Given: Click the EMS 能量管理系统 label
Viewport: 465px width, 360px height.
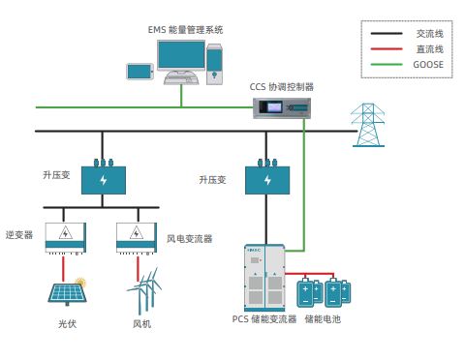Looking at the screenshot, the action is [185, 30].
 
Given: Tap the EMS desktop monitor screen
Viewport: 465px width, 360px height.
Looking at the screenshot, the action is [181, 55].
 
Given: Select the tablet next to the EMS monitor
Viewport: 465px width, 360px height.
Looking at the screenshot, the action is [139, 72].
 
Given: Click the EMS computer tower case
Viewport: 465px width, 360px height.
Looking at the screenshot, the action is [214, 65].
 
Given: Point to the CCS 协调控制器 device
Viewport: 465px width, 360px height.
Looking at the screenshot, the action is [282, 108].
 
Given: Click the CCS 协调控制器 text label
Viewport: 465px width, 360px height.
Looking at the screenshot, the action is [282, 87].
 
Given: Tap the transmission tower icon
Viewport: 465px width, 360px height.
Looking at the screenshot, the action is [368, 125].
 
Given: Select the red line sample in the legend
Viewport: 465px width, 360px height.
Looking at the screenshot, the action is [387, 49].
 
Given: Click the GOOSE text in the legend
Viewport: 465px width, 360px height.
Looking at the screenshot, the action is [428, 65].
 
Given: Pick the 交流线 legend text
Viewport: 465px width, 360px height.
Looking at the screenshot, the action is [429, 34].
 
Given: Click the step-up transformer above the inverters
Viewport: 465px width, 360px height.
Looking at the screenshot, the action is [104, 177].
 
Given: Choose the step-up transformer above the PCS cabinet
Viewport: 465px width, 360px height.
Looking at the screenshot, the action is [267, 177].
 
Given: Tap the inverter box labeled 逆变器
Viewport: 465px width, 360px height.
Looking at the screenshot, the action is [66, 238].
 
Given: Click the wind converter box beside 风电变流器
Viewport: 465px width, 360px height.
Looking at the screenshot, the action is [137, 238].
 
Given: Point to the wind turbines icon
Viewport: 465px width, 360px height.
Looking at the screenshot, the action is [144, 291].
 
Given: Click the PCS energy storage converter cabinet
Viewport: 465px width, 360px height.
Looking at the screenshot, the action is [264, 278].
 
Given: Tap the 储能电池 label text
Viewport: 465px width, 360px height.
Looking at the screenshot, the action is [323, 319].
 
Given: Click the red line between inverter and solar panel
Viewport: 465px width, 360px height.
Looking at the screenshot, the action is [63, 269].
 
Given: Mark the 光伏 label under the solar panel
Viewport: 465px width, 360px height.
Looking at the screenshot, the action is [68, 324].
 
